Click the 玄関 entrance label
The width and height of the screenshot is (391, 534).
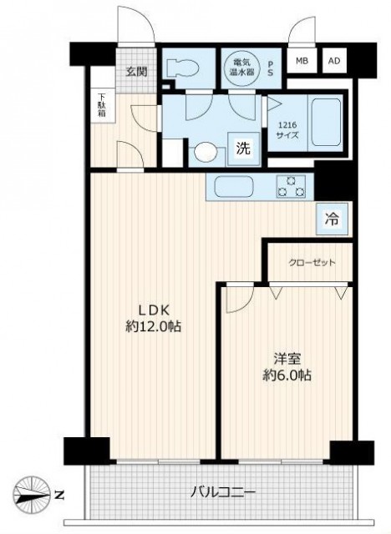pos(137,72)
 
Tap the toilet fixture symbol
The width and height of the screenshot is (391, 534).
pos(182,69)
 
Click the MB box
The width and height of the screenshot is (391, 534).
pos(302,61)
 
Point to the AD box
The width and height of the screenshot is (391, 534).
pos(334,61)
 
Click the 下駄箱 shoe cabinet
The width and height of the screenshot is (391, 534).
pos(102,105)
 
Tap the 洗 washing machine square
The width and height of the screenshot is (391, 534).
pos(243,149)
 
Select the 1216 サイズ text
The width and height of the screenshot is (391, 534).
pos(287,130)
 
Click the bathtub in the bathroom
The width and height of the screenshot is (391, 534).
pos(325,123)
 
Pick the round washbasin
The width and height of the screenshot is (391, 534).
pos(206,152)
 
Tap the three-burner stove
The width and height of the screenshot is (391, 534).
pos(291,187)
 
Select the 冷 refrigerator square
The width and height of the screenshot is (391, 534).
pos(332,219)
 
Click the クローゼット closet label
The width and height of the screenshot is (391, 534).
pos(312,263)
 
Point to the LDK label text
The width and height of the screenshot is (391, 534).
pos(154,310)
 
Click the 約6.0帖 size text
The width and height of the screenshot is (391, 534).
pos(287,375)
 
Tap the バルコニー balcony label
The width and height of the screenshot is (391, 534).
pos(222,492)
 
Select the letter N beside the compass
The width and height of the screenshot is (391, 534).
pos(59,494)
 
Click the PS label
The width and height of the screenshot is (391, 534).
pos(271,68)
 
